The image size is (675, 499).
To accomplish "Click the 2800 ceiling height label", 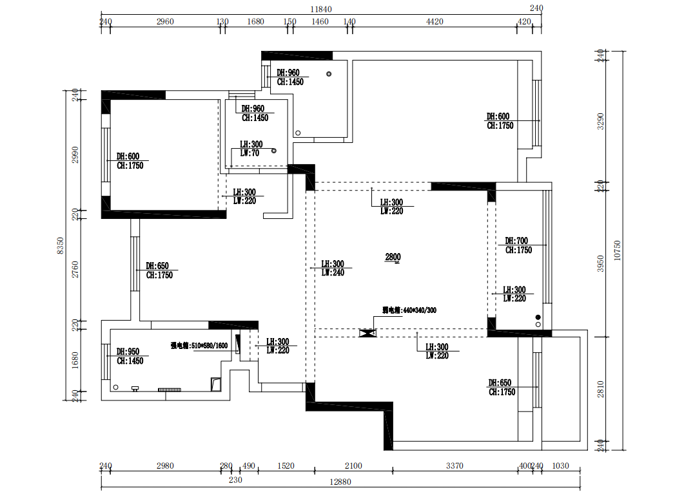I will tap(393, 258).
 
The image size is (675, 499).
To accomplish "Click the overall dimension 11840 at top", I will tap(320, 9).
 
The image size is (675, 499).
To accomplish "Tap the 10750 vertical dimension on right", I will tap(617, 250).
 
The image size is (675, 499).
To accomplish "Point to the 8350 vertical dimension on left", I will tap(60, 245).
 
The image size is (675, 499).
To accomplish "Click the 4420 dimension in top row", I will tap(435, 22).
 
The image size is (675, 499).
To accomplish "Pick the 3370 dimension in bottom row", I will tap(455, 466).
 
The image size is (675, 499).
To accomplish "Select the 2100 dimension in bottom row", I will tap(353, 466).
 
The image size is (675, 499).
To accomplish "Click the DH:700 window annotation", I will tap(517, 241).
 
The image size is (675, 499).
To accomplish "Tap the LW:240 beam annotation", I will tap(333, 273).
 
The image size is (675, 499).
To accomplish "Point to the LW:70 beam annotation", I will tap(249, 153).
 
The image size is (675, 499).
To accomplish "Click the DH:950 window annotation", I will tap(128, 352).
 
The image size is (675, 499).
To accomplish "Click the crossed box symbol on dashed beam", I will tap(367, 333).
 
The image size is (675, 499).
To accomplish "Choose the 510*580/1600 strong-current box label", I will tap(199, 346).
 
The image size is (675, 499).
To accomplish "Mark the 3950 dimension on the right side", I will tap(600, 263).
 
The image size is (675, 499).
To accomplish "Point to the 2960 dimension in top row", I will tap(165, 22).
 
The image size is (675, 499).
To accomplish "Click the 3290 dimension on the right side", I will tap(600, 122).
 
